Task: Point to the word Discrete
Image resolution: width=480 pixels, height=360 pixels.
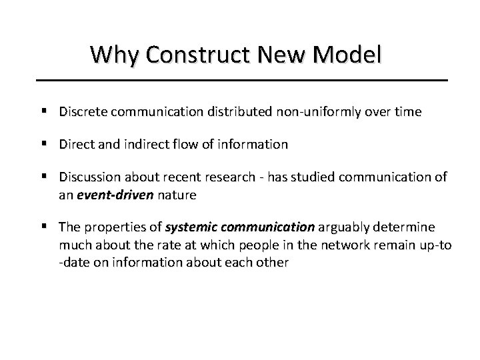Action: coord(82,112)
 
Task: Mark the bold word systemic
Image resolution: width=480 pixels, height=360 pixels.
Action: coord(189,227)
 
